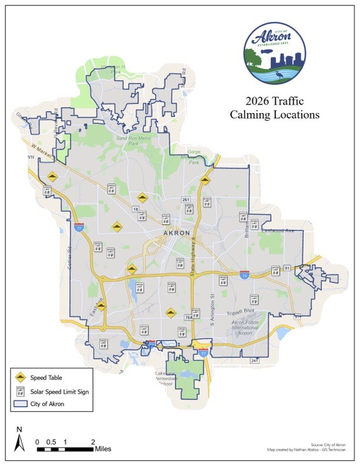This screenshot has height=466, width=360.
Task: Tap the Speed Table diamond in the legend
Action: tap(21, 377)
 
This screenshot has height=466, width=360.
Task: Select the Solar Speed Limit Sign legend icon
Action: tap(21, 391)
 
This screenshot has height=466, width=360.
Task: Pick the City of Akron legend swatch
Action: tap(21, 404)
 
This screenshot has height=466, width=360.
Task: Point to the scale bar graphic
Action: tap(65, 449)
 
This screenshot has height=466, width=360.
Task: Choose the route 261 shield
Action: tap(186, 200)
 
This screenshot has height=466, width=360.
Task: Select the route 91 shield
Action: tap(287, 268)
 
